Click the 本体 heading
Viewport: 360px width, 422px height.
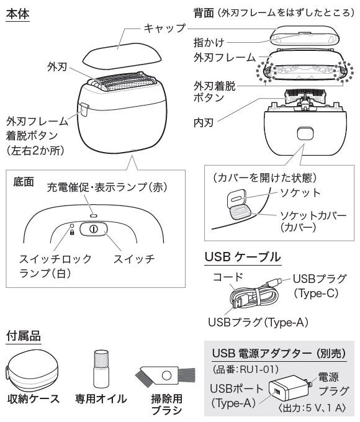pos(18,14)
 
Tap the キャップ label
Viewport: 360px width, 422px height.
pos(164,28)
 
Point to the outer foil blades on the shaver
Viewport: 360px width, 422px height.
pos(122,81)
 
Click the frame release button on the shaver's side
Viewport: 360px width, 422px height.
pos(84,110)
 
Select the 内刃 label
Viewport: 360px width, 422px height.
pos(204,123)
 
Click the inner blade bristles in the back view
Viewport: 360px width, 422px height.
pos(305,93)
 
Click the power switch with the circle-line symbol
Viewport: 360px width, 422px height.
pos(94,229)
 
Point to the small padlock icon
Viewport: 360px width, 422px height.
pos(72,232)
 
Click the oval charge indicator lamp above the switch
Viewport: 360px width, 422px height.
pos(94,215)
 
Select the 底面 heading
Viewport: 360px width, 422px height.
pos(24,182)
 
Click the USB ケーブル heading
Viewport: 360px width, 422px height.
pos(243,257)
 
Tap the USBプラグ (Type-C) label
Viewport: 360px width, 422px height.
pos(319,286)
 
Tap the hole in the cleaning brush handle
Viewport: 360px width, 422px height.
pos(166,375)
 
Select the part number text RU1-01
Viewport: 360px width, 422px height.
pos(259,369)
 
